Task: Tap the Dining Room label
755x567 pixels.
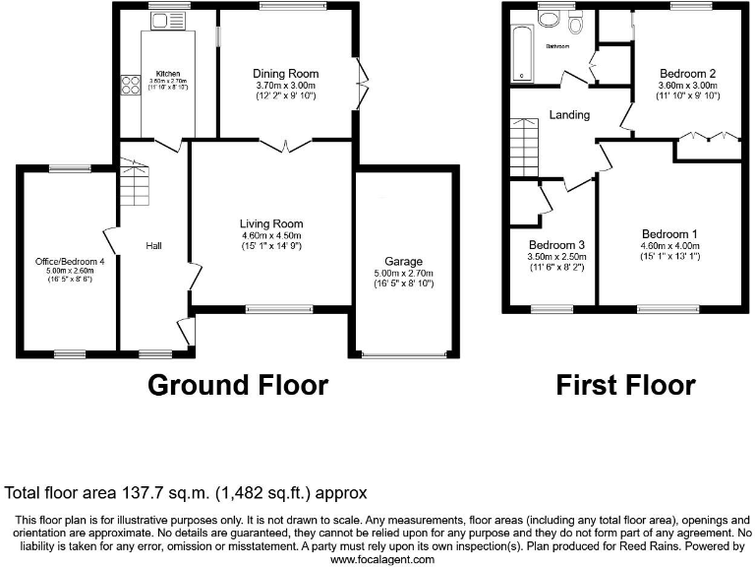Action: (285, 74)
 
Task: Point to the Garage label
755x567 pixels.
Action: (403, 262)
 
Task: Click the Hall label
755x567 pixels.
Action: (154, 245)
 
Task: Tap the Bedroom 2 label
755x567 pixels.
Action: (687, 74)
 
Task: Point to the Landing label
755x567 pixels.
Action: (569, 115)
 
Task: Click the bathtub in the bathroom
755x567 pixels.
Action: (520, 56)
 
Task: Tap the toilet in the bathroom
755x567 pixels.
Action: (575, 22)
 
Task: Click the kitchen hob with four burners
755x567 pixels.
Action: (130, 86)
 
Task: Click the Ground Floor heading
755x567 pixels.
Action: (237, 384)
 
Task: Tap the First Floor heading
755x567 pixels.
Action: (625, 384)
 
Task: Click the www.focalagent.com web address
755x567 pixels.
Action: (381, 559)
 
